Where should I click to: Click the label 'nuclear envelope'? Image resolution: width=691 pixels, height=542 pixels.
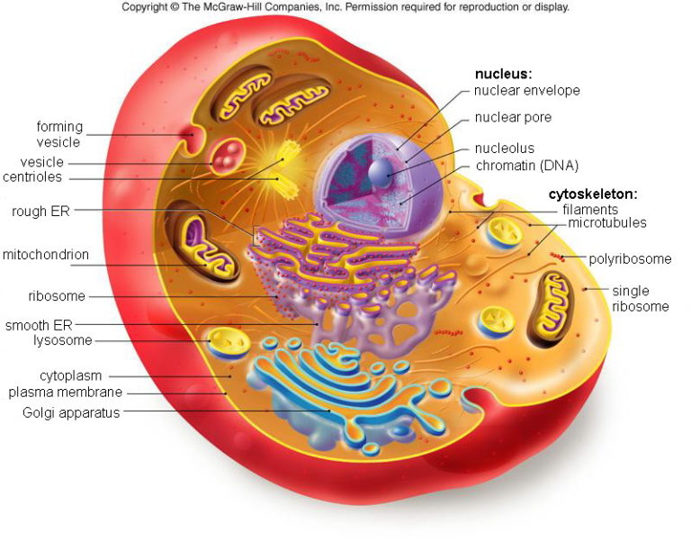coord(527,90)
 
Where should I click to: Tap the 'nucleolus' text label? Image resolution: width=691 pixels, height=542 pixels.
coord(504,149)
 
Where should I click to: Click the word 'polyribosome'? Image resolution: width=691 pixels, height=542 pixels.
coord(630,259)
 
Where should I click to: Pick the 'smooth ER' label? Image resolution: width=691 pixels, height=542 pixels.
coord(38,325)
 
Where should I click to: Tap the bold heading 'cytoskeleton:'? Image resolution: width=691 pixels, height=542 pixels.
coord(593,194)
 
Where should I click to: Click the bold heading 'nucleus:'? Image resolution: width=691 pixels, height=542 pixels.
coord(505,74)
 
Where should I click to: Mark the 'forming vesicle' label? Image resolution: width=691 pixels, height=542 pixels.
coord(58,134)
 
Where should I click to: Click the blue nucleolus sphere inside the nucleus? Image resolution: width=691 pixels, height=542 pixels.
coord(380,171)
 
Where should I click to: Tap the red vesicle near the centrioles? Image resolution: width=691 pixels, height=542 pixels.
coord(223,156)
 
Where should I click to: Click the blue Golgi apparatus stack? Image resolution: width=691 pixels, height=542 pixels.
coord(333,387)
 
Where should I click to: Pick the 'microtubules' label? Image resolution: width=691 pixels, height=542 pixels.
coord(607,223)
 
